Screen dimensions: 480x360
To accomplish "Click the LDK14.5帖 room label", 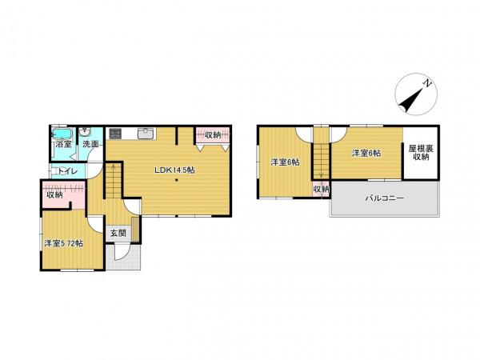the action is [x=174, y=170].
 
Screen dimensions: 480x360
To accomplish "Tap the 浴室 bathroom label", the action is [x=64, y=145].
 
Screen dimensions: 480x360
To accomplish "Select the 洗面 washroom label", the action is [x=90, y=145].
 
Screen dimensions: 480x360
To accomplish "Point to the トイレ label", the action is [x=68, y=172].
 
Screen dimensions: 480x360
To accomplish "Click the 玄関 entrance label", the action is [x=118, y=234].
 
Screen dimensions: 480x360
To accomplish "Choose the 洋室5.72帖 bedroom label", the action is [x=64, y=244].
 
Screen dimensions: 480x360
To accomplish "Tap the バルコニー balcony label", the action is [x=385, y=198].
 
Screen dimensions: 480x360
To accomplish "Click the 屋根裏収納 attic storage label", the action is [x=421, y=153].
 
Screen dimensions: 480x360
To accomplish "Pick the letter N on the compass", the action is [x=426, y=82].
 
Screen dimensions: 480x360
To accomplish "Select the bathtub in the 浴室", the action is [x=62, y=134].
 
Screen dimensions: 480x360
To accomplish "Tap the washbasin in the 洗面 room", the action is [x=84, y=132].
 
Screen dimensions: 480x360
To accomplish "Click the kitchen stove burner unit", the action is [x=115, y=134].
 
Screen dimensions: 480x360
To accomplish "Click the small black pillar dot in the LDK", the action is [x=176, y=180].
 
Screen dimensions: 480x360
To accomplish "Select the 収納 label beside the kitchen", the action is [x=213, y=135].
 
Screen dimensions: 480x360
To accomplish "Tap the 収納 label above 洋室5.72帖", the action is [x=54, y=194].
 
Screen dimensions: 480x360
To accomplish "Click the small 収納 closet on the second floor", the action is [x=321, y=190].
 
